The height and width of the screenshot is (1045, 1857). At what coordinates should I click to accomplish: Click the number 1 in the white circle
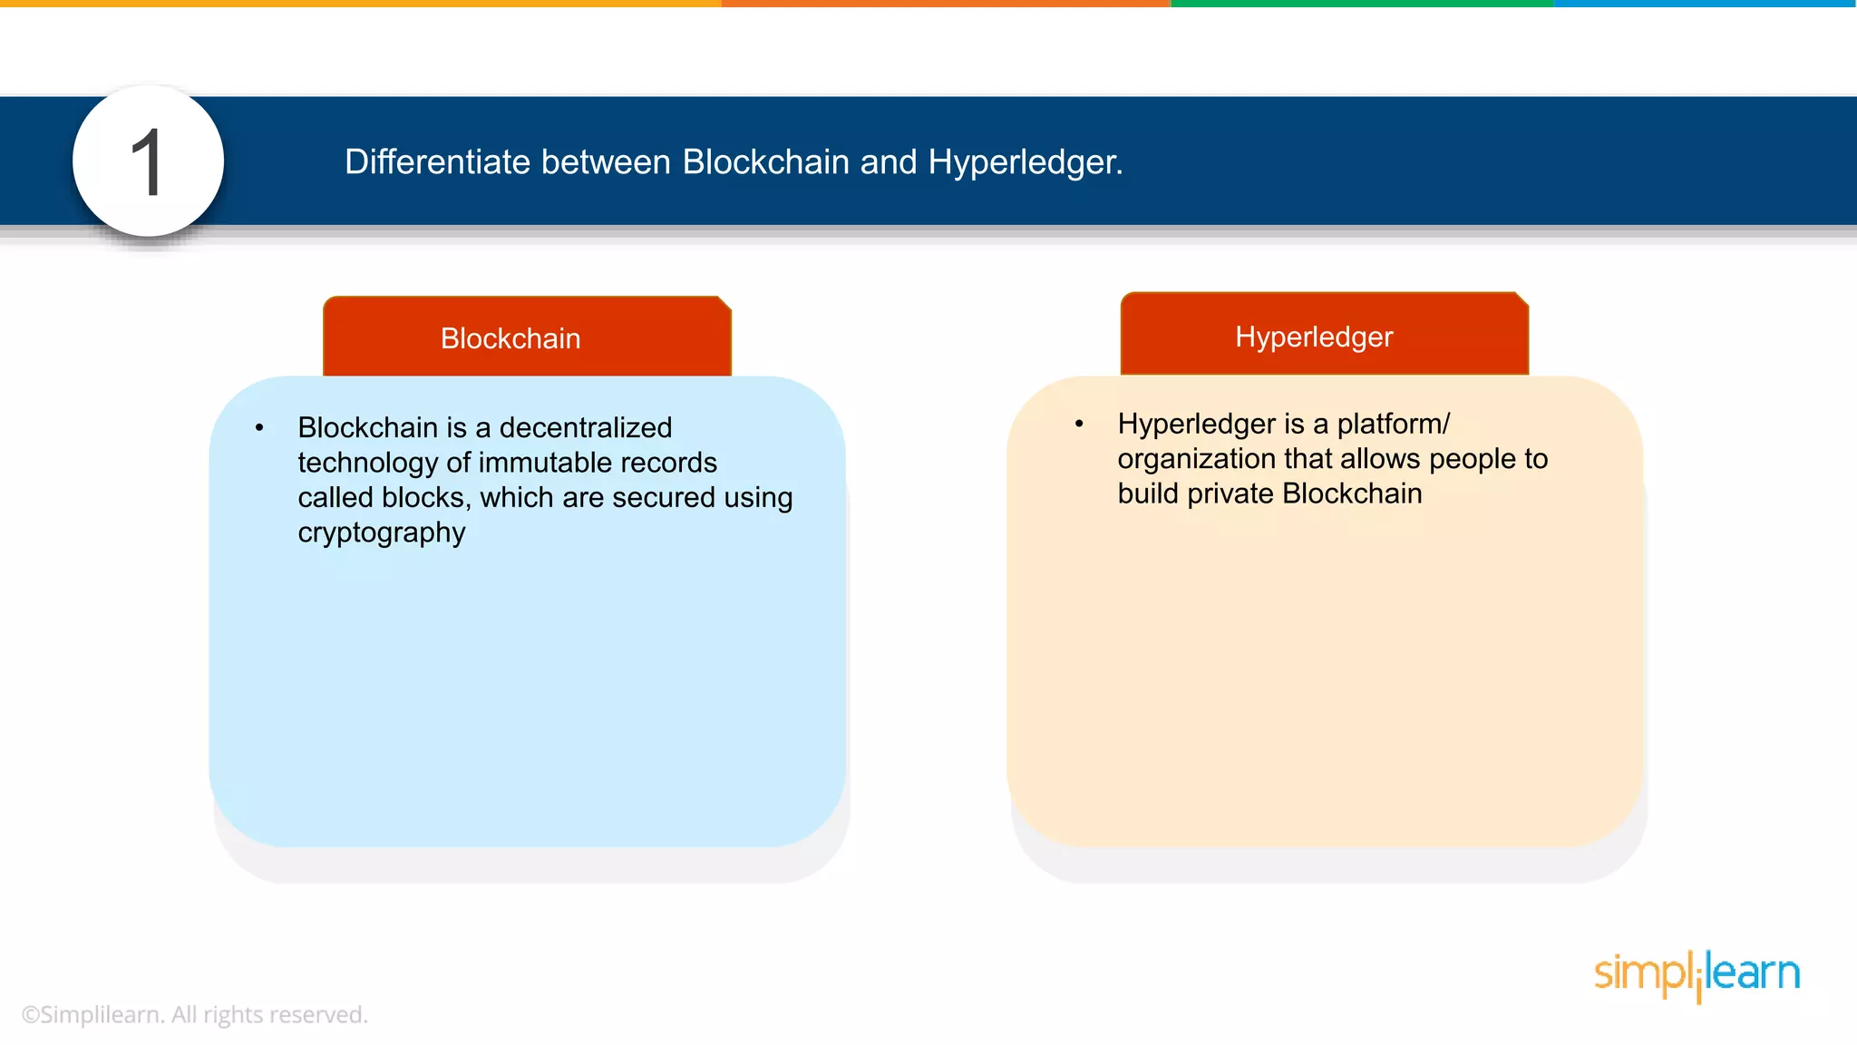[x=147, y=162]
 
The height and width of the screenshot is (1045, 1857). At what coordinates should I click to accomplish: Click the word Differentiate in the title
[x=437, y=162]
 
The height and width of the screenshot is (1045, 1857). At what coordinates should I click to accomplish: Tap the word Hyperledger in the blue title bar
[x=1025, y=162]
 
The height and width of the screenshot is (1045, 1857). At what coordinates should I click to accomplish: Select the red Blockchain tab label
[x=510, y=338]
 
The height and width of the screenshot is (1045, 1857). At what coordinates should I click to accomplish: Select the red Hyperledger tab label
[x=1314, y=337]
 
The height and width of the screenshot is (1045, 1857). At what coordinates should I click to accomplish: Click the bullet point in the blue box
[x=259, y=427]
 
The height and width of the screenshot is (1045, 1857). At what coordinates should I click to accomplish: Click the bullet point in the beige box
[x=1079, y=424]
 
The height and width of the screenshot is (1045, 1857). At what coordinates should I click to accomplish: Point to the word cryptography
[x=382, y=532]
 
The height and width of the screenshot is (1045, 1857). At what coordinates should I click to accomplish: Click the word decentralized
[x=586, y=427]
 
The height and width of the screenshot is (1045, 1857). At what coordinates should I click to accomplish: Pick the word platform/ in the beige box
[x=1394, y=424]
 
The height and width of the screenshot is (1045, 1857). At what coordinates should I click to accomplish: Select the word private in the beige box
[x=1231, y=493]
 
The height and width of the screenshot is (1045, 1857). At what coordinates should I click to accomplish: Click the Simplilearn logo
[x=1697, y=974]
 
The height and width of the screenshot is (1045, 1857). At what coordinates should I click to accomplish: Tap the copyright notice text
[x=194, y=1014]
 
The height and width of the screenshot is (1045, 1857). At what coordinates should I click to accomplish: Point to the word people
[x=1470, y=459]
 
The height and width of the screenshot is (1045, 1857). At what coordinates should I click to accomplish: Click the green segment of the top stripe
[x=1360, y=4]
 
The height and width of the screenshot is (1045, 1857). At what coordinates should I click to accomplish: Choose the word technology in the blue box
[x=367, y=463]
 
